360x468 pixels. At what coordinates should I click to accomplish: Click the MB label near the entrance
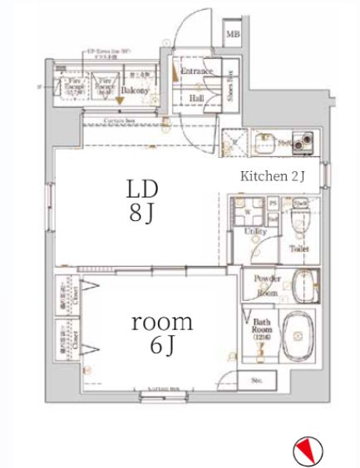(x=234, y=34)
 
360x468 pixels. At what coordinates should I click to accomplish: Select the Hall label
(x=197, y=97)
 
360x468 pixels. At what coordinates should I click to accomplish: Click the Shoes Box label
(x=229, y=86)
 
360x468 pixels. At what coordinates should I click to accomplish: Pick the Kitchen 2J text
(x=274, y=175)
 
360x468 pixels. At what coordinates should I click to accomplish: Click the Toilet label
(x=299, y=248)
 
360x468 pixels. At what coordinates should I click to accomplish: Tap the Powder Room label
(x=267, y=286)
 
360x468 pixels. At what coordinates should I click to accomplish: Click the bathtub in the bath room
(x=298, y=337)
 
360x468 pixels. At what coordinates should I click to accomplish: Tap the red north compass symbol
(x=307, y=451)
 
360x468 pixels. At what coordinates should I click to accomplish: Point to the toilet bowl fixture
(x=299, y=221)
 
